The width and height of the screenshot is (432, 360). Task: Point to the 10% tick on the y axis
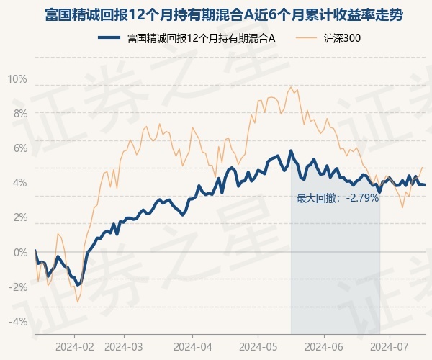click(17, 78)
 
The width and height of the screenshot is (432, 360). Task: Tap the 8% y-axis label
click(19, 113)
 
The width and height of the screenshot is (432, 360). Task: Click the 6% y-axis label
click(19, 148)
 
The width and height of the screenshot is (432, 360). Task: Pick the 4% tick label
click(19, 183)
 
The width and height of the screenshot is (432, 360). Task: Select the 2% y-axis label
click(19, 217)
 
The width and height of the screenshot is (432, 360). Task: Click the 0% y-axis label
click(19, 253)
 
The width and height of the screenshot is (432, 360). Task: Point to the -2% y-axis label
click(17, 287)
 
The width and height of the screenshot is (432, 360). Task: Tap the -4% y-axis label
click(17, 322)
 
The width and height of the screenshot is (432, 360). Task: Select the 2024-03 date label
click(125, 346)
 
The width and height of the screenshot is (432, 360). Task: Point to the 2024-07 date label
click(390, 346)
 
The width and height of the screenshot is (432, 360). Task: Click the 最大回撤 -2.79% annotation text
click(337, 198)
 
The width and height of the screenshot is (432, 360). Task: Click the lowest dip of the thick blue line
click(78, 285)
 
